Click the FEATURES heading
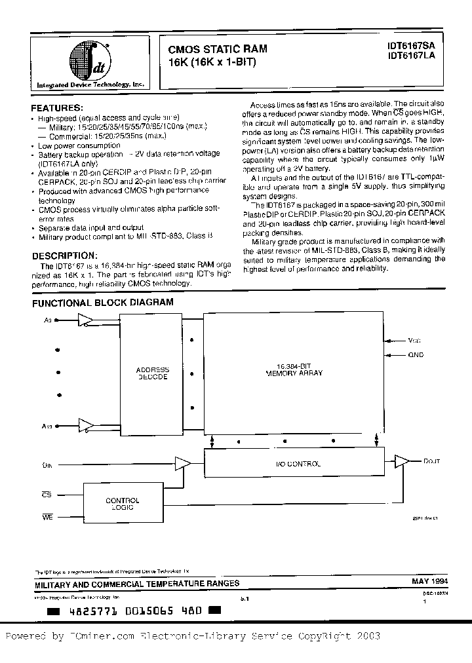coord(57,107)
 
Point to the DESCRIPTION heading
coord(65,256)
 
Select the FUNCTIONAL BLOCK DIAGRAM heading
coord(103,303)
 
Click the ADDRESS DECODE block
coord(152,373)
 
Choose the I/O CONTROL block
coord(292,464)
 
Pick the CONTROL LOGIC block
coord(123,504)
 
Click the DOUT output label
coord(432,462)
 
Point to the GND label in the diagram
coord(416,354)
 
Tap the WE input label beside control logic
coord(47,517)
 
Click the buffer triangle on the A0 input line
coord(85,320)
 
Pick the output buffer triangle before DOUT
coord(402,462)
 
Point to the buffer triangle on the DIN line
coord(184,464)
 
